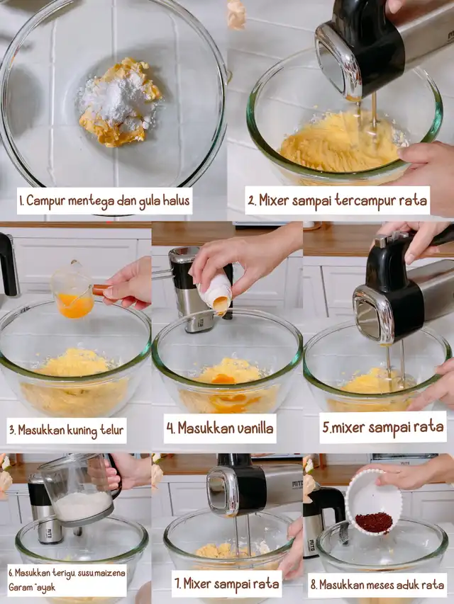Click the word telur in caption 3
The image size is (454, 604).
(112, 430)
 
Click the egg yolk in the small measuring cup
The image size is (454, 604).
(75, 305)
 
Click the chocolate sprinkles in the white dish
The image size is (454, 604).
(374, 522)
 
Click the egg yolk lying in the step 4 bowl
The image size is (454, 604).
(223, 379)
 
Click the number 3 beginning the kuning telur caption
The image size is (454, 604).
(12, 430)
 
